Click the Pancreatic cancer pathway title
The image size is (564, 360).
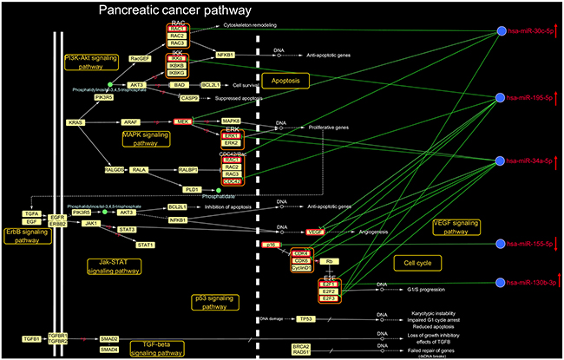click(174, 10)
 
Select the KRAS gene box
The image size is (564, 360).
click(75, 123)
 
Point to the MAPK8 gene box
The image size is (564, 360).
click(231, 121)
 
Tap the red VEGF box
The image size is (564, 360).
click(315, 232)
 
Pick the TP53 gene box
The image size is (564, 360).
click(305, 318)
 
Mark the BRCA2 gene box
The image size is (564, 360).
click(301, 344)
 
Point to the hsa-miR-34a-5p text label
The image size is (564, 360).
click(534, 162)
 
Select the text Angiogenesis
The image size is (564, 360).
click(367, 232)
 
